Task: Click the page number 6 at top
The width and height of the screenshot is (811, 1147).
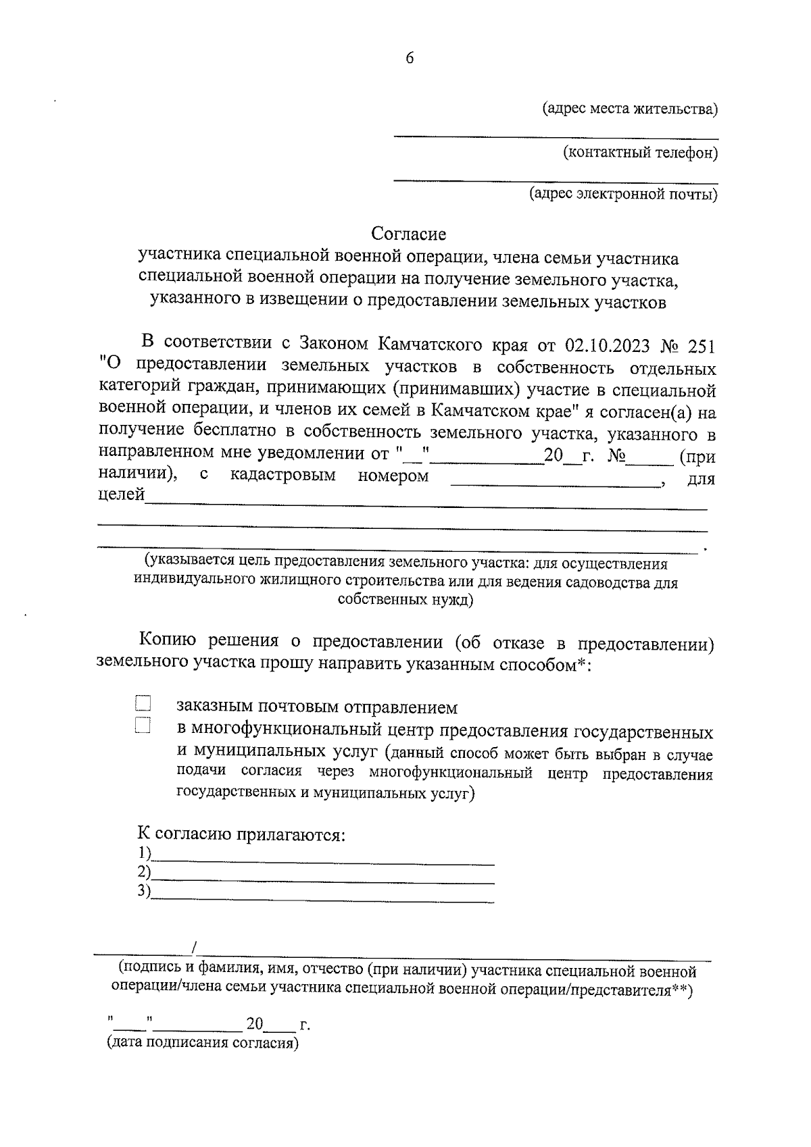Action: pos(410,58)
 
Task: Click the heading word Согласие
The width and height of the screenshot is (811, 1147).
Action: pos(409,234)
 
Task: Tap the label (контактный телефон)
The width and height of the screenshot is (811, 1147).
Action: pos(641,153)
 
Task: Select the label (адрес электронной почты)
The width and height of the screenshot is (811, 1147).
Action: pos(623,195)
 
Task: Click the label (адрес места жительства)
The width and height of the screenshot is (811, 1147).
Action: pos(631,109)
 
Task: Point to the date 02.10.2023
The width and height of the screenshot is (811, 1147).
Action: pos(607,345)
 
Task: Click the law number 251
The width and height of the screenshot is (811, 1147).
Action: pos(701,345)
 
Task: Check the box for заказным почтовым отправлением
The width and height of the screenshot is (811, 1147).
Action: pos(143,704)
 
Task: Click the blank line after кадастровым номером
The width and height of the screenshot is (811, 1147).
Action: pos(554,481)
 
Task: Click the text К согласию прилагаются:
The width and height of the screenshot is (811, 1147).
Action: pos(242,834)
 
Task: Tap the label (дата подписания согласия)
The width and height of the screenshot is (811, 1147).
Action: pos(203,1042)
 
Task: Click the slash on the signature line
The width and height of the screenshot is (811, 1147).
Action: pos(195,948)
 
